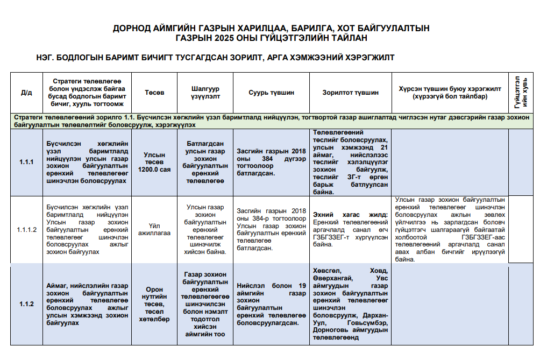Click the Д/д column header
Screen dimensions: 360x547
26,93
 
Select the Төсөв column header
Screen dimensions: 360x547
154,93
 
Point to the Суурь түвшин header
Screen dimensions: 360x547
271,93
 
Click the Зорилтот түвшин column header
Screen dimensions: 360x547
350,93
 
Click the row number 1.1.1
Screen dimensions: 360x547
26,162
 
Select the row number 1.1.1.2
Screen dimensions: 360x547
26,230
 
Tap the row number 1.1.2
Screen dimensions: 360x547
26,304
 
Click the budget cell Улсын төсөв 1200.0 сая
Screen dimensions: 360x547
154,162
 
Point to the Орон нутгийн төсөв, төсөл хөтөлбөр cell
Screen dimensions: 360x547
154,304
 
